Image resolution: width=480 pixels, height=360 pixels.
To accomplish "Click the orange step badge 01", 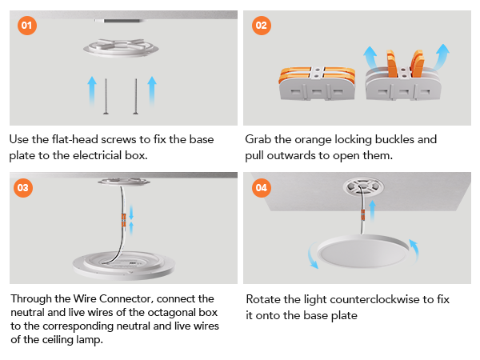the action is pyautogui.click(x=27, y=25).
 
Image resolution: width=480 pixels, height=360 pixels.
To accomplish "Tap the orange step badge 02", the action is pyautogui.click(x=261, y=25).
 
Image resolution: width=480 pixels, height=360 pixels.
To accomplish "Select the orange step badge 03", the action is pyautogui.click(x=23, y=188).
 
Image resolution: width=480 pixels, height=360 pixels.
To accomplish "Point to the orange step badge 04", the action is pyautogui.click(x=261, y=188).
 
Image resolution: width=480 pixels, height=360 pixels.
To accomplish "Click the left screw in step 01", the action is pyautogui.click(x=106, y=97).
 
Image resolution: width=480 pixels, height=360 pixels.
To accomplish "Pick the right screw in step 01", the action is pyautogui.click(x=136, y=97).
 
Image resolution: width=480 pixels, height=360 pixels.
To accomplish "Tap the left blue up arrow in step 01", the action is pyautogui.click(x=92, y=91).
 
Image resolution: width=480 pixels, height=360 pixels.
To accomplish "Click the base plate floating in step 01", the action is pyautogui.click(x=121, y=48).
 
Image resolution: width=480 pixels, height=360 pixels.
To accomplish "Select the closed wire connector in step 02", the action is pyautogui.click(x=317, y=83).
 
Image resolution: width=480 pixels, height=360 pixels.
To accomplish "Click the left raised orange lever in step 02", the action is pyautogui.click(x=392, y=63).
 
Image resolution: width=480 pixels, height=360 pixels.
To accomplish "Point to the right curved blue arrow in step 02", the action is pyautogui.click(x=440, y=58).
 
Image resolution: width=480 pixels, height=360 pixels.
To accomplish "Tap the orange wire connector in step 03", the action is pyautogui.click(x=124, y=220).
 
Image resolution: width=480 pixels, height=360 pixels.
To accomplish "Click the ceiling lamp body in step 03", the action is pyautogui.click(x=124, y=265).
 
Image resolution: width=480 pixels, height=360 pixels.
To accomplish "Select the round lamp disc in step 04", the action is pyautogui.click(x=363, y=251).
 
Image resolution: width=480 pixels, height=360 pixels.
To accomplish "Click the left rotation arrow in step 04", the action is pyautogui.click(x=313, y=255).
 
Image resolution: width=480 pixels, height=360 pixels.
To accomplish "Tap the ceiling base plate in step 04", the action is pyautogui.click(x=363, y=186).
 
